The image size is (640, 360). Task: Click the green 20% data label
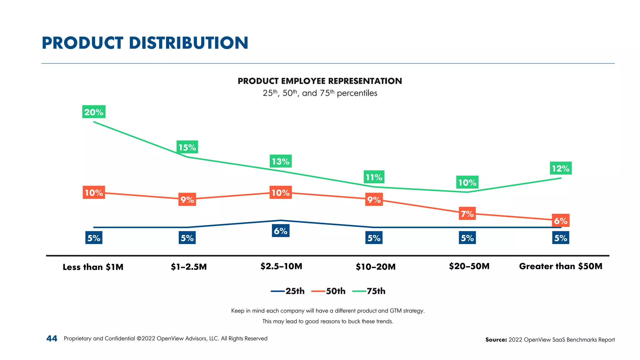[94, 112]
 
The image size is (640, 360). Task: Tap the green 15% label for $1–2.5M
[187, 147]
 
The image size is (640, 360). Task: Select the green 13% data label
[281, 161]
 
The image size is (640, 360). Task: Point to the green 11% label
[374, 177]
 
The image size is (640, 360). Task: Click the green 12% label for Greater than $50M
[561, 168]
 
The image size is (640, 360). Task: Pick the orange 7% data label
[467, 214]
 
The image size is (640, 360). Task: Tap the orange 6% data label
[561, 221]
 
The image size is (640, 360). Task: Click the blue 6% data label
[281, 231]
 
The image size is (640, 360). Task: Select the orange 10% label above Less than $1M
[94, 192]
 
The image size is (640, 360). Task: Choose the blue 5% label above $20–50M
[467, 238]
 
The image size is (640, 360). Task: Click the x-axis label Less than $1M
[93, 267]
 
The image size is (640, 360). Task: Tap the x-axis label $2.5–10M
[281, 266]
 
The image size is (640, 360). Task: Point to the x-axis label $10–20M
[376, 267]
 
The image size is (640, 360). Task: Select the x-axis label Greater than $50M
[561, 266]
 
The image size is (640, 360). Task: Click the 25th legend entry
[288, 291]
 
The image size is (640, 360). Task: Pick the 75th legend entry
[369, 291]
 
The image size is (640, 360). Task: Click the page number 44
[52, 338]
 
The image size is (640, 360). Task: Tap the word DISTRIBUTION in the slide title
[188, 43]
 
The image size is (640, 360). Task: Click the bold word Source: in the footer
[496, 340]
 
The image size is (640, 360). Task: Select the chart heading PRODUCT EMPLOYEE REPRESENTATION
[320, 81]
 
